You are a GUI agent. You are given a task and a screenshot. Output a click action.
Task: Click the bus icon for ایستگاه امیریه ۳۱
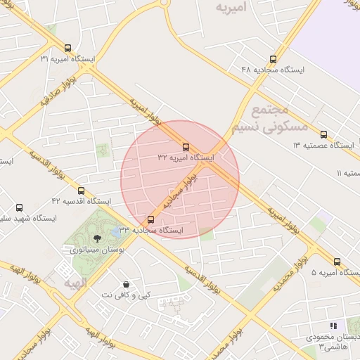pos(67,49)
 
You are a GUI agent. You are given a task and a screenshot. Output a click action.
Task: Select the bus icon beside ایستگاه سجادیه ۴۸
pos(273,59)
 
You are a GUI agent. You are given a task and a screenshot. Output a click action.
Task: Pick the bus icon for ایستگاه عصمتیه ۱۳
pos(323,134)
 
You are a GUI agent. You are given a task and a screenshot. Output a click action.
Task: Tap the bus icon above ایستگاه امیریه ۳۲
pos(186,147)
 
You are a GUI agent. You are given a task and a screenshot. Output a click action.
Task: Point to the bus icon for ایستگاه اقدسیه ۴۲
pos(81,191)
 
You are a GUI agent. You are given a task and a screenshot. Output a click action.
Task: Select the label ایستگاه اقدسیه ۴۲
pos(81,201)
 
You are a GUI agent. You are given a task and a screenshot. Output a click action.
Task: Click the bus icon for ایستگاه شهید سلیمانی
pos(19,207)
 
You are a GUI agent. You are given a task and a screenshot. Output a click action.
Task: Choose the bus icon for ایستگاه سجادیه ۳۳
pos(150,219)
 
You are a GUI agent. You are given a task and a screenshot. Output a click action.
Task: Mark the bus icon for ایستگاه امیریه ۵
pos(337,261)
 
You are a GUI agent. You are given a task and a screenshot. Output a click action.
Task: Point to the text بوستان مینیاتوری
pos(94,249)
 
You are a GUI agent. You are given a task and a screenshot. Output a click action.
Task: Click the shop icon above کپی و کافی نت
pos(126,283)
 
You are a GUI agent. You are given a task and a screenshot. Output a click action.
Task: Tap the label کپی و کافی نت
pos(126,295)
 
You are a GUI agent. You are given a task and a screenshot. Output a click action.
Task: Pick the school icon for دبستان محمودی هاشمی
pos(333,326)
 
